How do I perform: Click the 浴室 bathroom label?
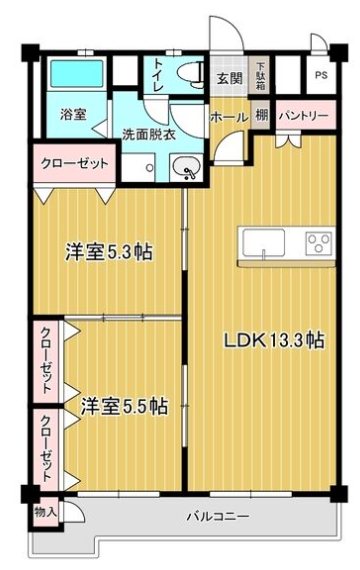pyautogui.click(x=71, y=114)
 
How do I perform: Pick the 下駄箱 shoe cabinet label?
pyautogui.click(x=259, y=73)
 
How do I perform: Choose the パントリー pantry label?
pyautogui.click(x=303, y=116)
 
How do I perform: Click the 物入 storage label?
pyautogui.click(x=45, y=512)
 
